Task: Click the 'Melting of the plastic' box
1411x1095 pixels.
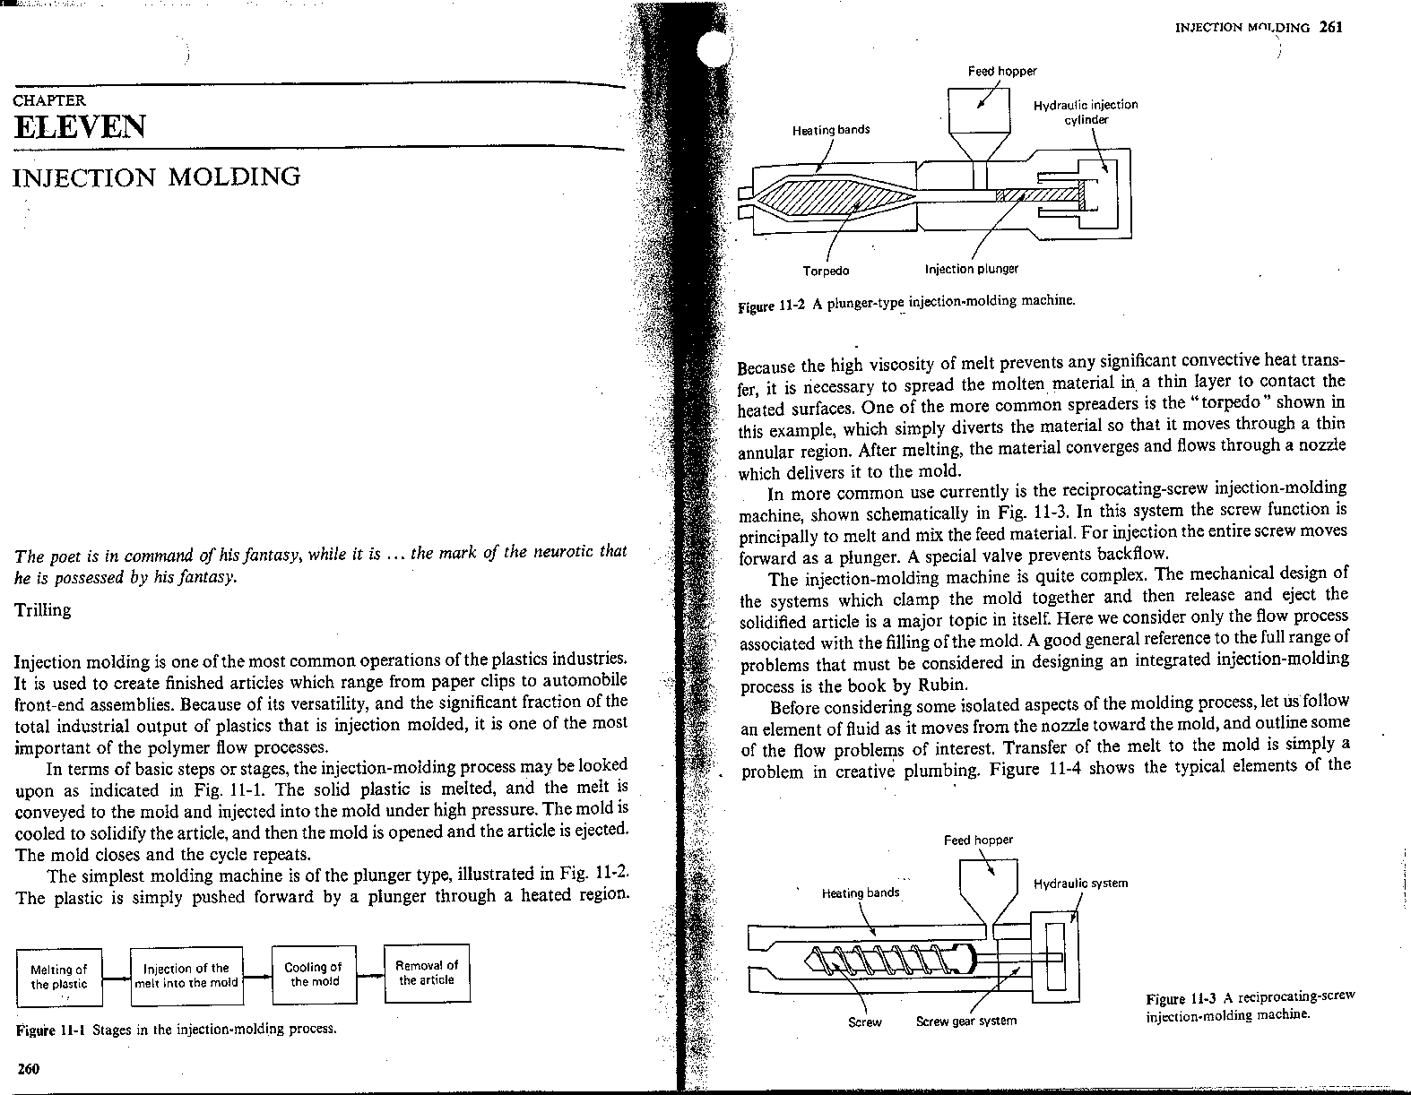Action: (x=59, y=977)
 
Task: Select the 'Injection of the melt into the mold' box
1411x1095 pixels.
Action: (x=186, y=975)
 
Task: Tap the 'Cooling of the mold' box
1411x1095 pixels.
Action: (x=313, y=973)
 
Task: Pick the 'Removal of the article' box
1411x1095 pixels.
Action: (x=427, y=972)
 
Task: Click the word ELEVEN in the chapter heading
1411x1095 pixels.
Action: (x=80, y=127)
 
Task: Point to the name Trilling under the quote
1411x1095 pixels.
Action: (x=43, y=610)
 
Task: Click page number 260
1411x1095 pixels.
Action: (x=29, y=1068)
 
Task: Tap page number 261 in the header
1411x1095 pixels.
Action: (x=1330, y=27)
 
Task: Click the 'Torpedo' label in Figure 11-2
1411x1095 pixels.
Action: (x=826, y=271)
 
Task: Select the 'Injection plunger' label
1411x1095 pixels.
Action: (x=971, y=269)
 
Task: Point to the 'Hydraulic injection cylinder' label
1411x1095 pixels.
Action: (x=1086, y=112)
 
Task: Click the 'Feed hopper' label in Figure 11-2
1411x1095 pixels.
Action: (x=1002, y=72)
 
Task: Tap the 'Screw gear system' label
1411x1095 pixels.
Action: (x=966, y=1022)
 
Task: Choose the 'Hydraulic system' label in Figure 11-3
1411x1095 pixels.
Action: (x=1080, y=884)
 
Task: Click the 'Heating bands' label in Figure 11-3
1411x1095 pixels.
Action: (x=861, y=892)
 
